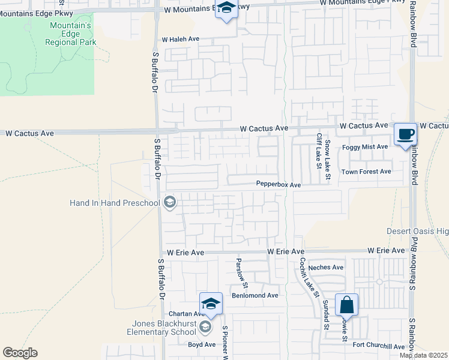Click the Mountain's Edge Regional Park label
(x=71, y=34)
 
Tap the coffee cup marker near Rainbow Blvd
(x=406, y=134)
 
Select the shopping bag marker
(x=347, y=305)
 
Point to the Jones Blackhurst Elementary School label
(x=160, y=328)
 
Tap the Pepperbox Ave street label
(x=278, y=185)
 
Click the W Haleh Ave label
(x=180, y=39)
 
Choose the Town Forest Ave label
(x=366, y=172)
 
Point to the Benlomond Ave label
(x=256, y=295)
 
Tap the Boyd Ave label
(x=202, y=344)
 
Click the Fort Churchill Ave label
(x=379, y=346)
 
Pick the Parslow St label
(x=239, y=270)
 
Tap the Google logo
(x=20, y=353)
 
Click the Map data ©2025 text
(x=423, y=355)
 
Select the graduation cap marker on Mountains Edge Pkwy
(x=226, y=10)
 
